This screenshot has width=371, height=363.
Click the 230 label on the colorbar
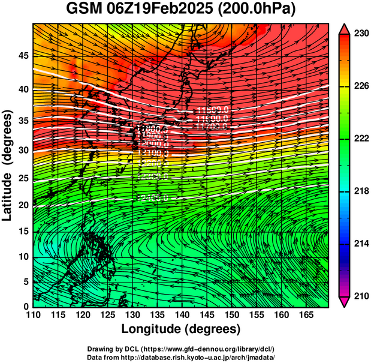tap(360, 34)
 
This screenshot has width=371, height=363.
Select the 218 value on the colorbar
tap(360, 191)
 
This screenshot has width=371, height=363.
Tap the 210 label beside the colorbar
tap(360, 296)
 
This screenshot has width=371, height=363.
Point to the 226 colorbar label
tap(360, 86)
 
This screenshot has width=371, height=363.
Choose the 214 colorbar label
tap(360, 244)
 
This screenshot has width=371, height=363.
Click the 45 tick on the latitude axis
tap(23, 56)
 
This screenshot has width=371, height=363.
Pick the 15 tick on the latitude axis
tap(23, 231)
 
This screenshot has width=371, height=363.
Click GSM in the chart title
tap(83, 10)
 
